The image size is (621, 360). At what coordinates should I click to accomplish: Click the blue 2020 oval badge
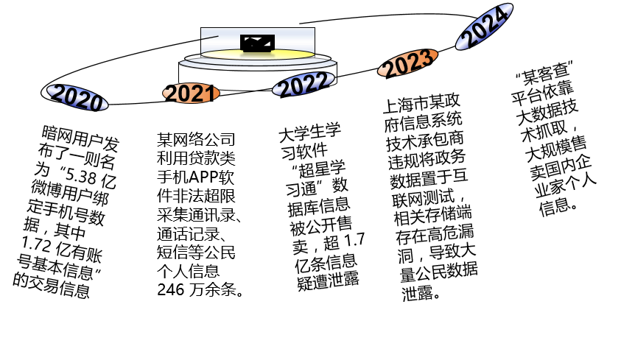click(x=77, y=98)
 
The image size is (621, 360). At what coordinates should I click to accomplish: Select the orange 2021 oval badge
click(x=191, y=93)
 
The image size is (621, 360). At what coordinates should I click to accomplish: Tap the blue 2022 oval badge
click(x=304, y=84)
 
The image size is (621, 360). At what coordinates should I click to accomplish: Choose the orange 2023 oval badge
click(x=407, y=63)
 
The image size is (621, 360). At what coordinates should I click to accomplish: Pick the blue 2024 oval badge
click(x=484, y=27)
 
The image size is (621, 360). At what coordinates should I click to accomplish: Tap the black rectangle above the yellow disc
click(x=257, y=43)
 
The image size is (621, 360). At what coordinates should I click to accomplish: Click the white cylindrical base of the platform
click(x=221, y=78)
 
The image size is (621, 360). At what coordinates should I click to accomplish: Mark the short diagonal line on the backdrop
click(x=209, y=37)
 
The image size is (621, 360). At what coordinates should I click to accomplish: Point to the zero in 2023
click(x=400, y=66)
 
